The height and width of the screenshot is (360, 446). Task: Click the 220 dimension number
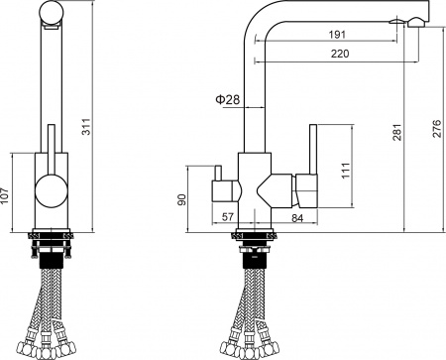pyautogui.click(x=339, y=56)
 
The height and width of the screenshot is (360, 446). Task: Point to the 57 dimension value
pyautogui.click(x=229, y=217)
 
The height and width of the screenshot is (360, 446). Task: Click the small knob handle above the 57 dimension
pyautogui.click(x=223, y=187)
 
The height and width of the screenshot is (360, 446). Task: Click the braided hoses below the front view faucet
pyautogui.click(x=50, y=317)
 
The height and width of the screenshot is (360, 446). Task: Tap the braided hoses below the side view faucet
pyautogui.click(x=253, y=317)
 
